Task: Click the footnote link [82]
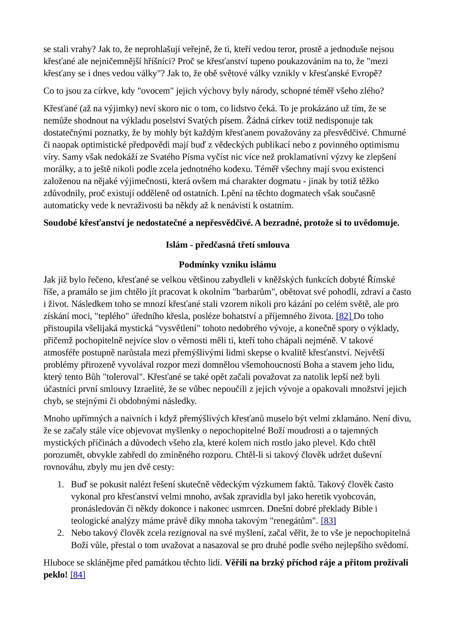tap(344, 316)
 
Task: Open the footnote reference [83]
tap(328, 521)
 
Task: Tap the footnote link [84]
tap(78, 575)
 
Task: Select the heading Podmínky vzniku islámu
tap(227, 265)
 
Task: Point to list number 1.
tap(60, 485)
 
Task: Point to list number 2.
tap(60, 533)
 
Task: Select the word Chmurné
tap(389, 133)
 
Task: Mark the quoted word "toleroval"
tap(123, 377)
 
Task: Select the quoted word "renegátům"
tap(294, 521)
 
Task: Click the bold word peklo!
tap(56, 575)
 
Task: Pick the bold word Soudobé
tap(60, 223)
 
